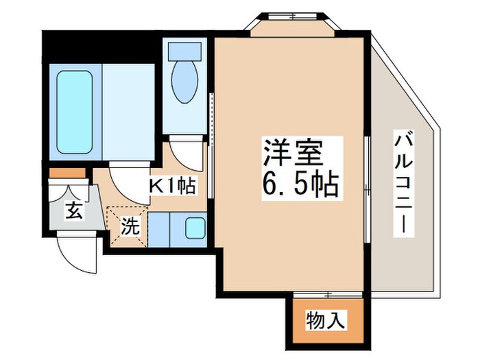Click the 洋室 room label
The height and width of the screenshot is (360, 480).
[x=292, y=152]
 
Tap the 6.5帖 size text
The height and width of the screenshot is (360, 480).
[x=300, y=183]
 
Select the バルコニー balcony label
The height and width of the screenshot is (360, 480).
[x=403, y=184]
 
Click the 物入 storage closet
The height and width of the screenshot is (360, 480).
[x=326, y=320]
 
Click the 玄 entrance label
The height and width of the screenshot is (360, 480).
[x=73, y=211]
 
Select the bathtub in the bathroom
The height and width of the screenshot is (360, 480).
[x=74, y=112]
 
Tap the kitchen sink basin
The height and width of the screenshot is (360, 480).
[x=195, y=228]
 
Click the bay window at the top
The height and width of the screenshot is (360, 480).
[x=291, y=24]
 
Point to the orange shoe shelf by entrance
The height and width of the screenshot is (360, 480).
[x=67, y=172]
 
